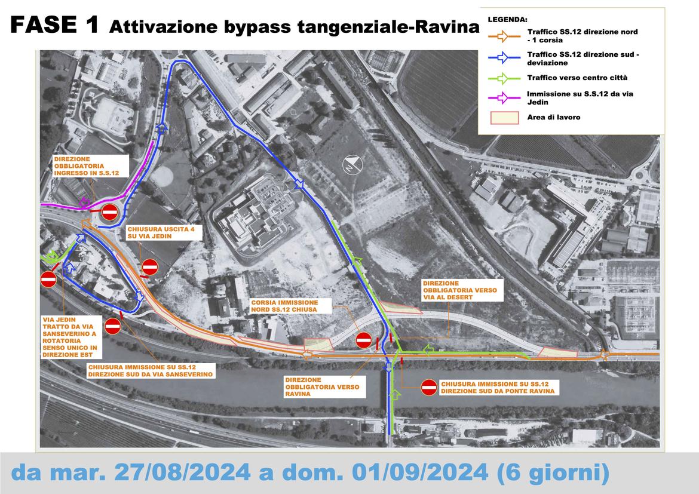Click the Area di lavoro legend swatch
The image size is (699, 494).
coord(504,118)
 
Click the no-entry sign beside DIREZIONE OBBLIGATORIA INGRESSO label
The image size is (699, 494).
coord(109,211)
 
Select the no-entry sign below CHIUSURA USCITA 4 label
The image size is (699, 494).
coord(150,266)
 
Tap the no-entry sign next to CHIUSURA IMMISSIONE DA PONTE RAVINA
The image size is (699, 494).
coord(428,387)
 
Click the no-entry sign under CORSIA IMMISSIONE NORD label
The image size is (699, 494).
coord(363,340)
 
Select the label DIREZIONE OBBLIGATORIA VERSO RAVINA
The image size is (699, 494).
coord(322,387)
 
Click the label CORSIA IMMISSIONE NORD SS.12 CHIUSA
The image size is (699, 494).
coord(284,306)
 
